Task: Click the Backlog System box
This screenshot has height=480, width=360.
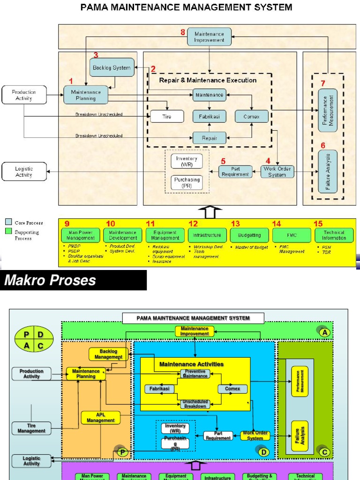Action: [112, 68]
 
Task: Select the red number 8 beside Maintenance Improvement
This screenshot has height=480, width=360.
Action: [183, 32]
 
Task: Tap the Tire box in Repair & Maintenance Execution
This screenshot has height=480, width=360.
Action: [167, 116]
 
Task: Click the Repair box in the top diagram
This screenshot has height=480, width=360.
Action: [209, 138]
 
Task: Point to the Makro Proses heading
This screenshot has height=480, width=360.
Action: [50, 280]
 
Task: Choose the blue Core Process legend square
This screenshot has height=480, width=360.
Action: [8, 222]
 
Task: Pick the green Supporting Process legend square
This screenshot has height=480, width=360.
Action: [8, 232]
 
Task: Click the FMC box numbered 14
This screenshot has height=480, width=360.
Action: [291, 235]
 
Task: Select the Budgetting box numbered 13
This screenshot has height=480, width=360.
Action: [249, 235]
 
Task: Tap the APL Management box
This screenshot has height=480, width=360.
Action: [100, 418]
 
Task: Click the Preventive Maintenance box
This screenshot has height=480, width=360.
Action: [195, 374]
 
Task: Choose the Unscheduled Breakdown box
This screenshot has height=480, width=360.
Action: [195, 404]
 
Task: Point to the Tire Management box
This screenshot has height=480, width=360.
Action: [31, 428]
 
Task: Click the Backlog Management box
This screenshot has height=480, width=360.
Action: [108, 354]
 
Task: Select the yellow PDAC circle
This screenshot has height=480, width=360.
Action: [33, 340]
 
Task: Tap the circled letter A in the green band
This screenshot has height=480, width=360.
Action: [324, 331]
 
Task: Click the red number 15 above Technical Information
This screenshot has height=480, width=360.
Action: [318, 224]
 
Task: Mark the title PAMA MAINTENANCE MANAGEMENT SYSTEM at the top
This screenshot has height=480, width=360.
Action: [187, 7]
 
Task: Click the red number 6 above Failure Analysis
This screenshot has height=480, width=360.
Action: [322, 145]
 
